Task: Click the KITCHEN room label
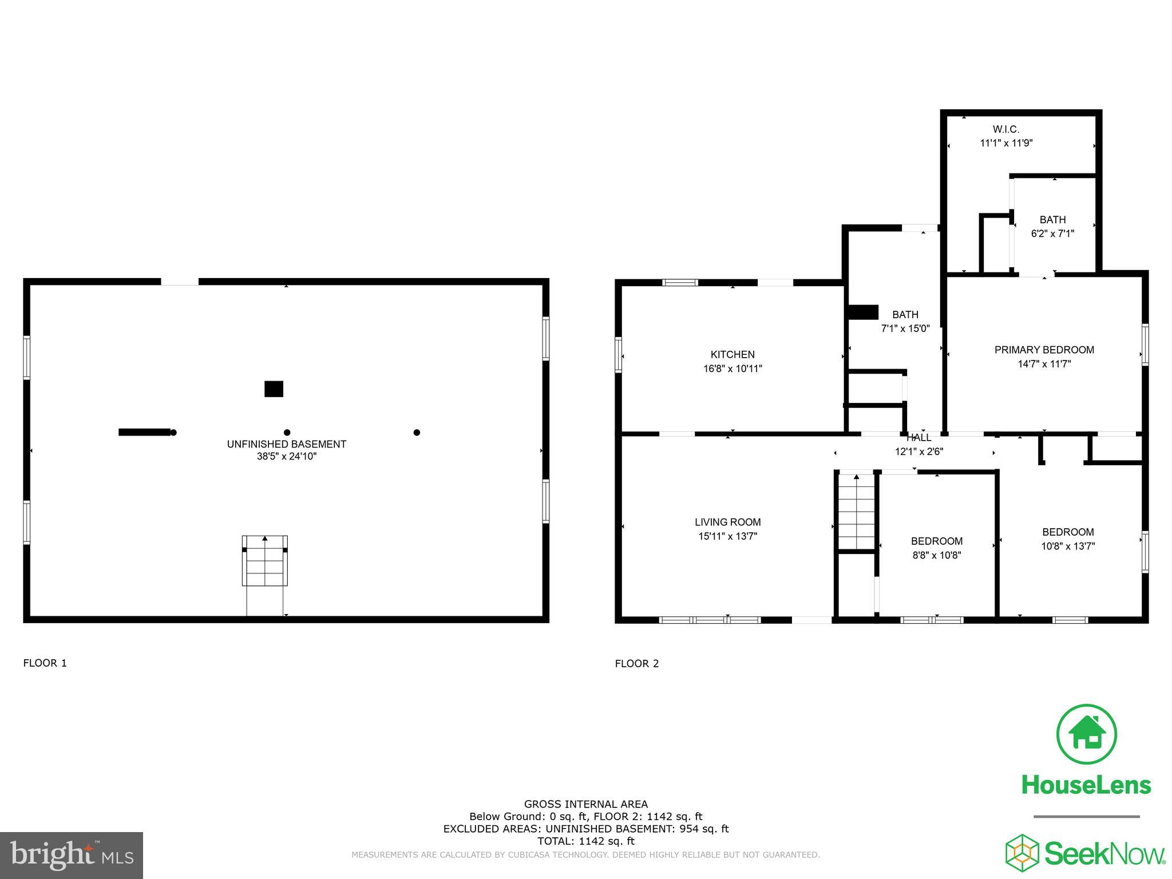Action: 732,354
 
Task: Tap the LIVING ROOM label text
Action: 727,522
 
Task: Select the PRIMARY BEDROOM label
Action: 1044,350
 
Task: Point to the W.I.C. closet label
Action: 1005,129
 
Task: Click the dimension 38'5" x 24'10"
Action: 286,456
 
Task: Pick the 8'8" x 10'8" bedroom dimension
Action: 936,555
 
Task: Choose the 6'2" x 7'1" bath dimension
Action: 1052,233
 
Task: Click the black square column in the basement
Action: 274,389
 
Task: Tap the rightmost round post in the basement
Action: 417,432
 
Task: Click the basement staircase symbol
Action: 264,561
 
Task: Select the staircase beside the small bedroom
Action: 856,511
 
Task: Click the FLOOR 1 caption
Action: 45,663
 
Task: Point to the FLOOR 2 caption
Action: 636,663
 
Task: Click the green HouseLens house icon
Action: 1086,734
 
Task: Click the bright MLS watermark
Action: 72,855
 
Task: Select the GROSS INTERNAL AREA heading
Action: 585,804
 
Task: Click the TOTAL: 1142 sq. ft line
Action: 585,841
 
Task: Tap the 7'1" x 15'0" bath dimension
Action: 905,328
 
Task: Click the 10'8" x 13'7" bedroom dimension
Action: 1068,546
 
